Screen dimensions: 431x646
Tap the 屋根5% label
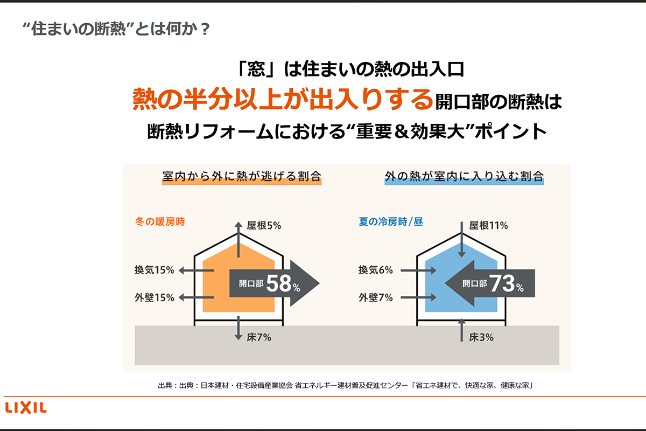click(264, 226)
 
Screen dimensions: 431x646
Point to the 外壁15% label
click(155, 297)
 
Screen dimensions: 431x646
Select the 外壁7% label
click(376, 297)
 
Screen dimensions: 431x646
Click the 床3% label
click(481, 338)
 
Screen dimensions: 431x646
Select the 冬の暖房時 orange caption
click(160, 221)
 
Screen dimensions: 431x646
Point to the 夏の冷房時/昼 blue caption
click(391, 221)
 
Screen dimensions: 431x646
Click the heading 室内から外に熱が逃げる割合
click(242, 177)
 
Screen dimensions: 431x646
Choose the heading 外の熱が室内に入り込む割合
click(464, 177)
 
